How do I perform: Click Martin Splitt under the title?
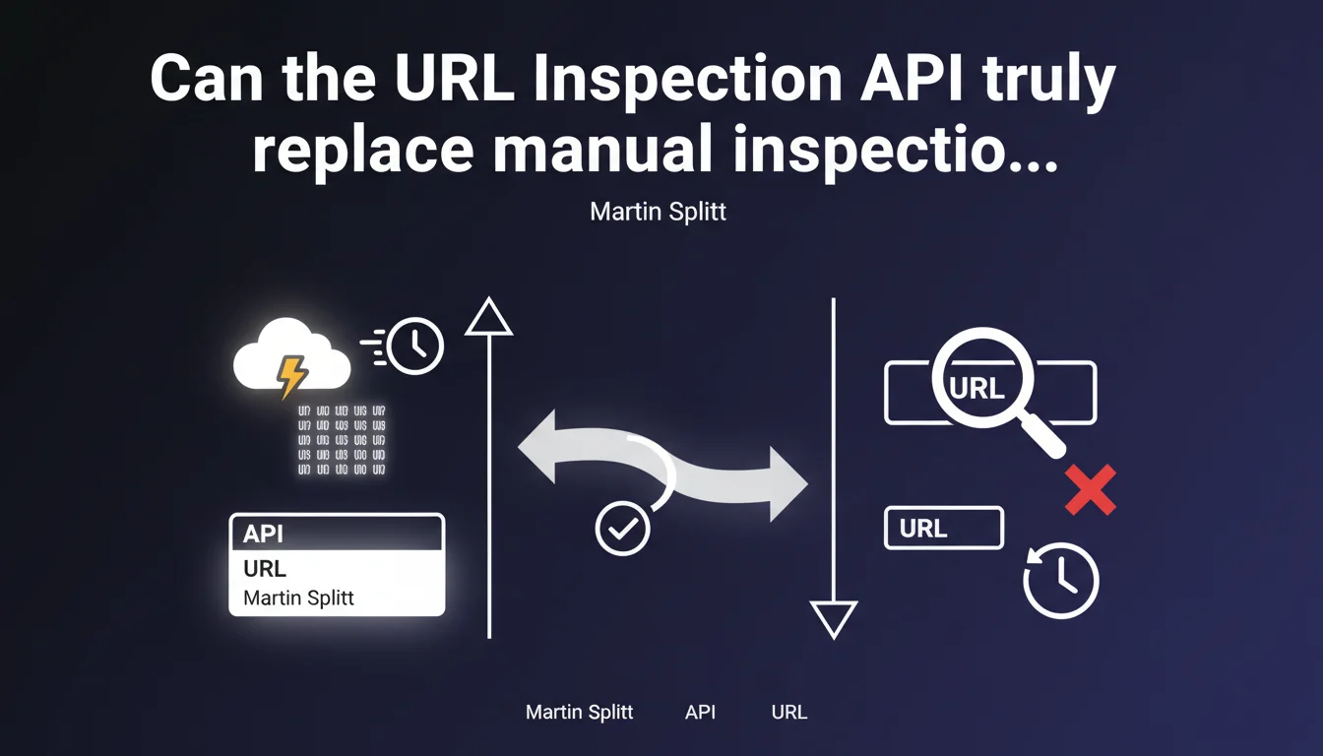(x=658, y=212)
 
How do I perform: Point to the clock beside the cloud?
(x=415, y=346)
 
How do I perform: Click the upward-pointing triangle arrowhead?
(x=488, y=317)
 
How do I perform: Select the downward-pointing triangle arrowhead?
(x=833, y=620)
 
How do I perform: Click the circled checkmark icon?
(x=623, y=530)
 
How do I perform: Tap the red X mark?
(x=1091, y=490)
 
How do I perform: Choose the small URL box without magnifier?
(x=943, y=528)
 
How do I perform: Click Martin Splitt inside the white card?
(x=298, y=598)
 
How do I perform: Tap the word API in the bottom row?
(x=700, y=712)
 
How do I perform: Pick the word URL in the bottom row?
(x=788, y=712)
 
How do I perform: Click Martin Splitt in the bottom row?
(x=580, y=712)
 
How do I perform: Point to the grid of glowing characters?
(x=341, y=440)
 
